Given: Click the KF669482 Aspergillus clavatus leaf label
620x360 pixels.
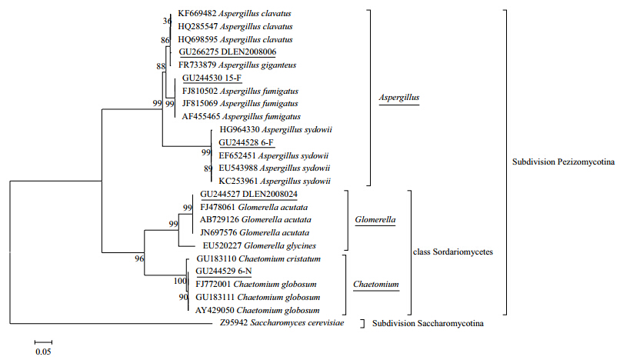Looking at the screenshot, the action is [x=235, y=13].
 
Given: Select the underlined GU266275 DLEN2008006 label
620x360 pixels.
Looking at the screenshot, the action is [x=228, y=52].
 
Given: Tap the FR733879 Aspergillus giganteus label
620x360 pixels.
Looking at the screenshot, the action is [x=237, y=65].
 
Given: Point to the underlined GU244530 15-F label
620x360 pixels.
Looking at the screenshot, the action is [x=212, y=78].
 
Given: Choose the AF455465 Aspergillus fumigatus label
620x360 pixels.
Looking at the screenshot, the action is [x=242, y=117].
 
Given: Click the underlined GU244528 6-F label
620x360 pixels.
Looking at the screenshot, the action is [x=246, y=142].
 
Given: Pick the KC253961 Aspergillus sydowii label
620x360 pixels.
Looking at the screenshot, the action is [x=275, y=182].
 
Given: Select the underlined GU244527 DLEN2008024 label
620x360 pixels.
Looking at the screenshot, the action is [x=248, y=195].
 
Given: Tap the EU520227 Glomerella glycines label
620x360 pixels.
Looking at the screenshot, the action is [x=259, y=245].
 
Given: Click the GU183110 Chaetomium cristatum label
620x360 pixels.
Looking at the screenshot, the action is [x=258, y=258].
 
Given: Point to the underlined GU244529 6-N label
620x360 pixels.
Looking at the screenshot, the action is [x=224, y=272].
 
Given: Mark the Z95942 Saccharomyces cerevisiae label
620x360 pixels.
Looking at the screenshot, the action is [x=282, y=323].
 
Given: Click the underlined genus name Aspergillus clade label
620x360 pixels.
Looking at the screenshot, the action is [x=399, y=98].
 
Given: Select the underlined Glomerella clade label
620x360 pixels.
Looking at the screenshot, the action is [x=375, y=220].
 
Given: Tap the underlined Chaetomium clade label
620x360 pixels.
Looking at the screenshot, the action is [x=376, y=285].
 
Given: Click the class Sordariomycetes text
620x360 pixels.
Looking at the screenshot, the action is [x=453, y=252].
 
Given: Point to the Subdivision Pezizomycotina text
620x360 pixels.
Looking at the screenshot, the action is [x=563, y=162].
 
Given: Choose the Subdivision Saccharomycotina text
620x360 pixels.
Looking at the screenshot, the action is [x=428, y=324].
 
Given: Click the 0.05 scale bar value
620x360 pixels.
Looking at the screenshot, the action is [x=43, y=352].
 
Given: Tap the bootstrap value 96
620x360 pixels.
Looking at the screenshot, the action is [x=139, y=258].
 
